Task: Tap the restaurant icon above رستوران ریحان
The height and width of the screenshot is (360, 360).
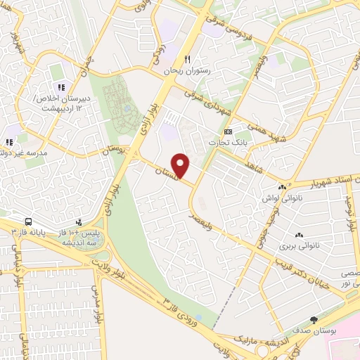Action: [x=187, y=60]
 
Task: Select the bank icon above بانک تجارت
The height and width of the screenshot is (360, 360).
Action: [x=228, y=131]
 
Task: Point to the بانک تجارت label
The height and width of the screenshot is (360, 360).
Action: [x=227, y=143]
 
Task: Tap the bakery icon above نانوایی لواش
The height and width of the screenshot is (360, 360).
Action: [x=282, y=188]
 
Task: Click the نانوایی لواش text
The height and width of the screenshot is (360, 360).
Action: [x=281, y=199]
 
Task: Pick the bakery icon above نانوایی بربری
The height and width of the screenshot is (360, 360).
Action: [x=299, y=235]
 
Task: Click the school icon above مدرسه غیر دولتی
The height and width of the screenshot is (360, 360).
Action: [x=11, y=141]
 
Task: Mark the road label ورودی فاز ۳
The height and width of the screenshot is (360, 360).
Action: [x=184, y=310]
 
